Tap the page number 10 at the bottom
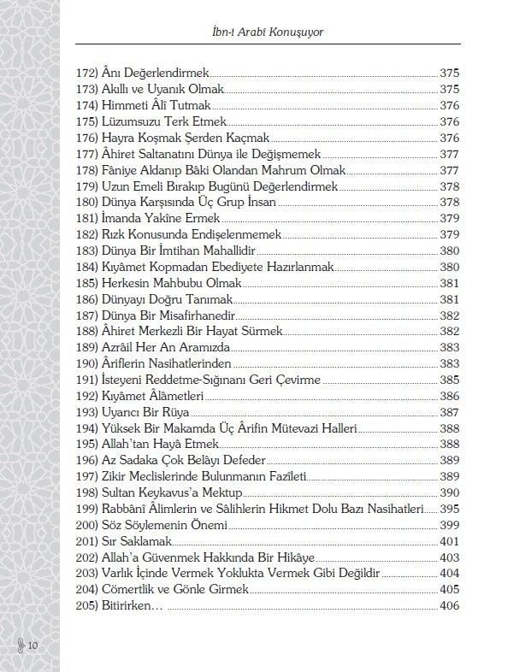click(x=32, y=645)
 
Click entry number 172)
click(x=86, y=74)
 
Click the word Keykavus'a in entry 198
click(x=178, y=493)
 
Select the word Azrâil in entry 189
click(x=118, y=348)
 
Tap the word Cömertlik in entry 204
click(x=128, y=590)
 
